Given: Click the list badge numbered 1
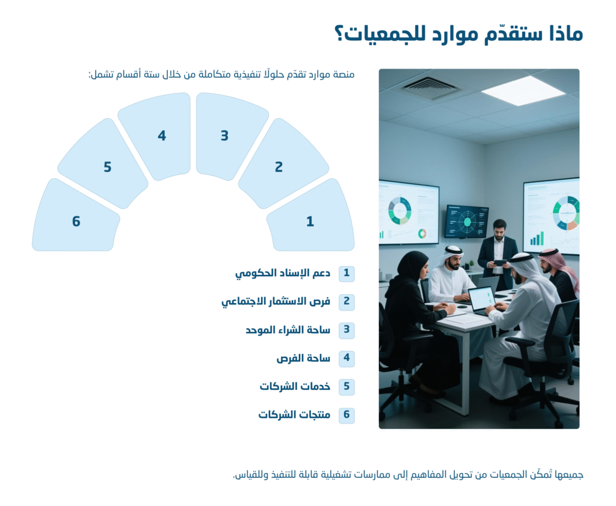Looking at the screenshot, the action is (x=346, y=273).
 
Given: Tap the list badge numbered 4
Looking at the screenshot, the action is (x=346, y=358).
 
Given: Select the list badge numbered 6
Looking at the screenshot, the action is (x=346, y=415).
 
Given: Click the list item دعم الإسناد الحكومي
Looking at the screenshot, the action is (x=283, y=273).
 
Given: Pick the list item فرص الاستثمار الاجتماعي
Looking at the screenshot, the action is (x=276, y=301).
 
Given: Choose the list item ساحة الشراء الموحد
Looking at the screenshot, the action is (x=288, y=330).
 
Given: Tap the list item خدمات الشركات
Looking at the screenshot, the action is (x=295, y=387).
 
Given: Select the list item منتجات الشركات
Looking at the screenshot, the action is (x=294, y=415).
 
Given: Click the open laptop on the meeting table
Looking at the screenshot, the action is (x=482, y=301).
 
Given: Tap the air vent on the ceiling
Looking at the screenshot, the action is (x=430, y=87).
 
